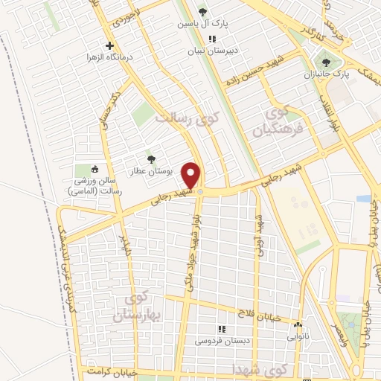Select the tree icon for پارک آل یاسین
(x=202, y=12)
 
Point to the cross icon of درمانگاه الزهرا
(x=109, y=45)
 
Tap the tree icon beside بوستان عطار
(x=151, y=159)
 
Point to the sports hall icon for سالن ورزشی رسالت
(x=95, y=170)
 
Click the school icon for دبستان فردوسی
(x=220, y=328)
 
